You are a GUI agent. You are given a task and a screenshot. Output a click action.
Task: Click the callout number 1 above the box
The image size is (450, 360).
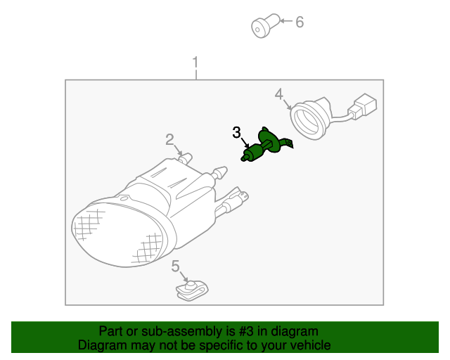point(195,62)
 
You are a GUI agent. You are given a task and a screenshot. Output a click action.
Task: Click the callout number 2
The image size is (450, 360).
point(169,139)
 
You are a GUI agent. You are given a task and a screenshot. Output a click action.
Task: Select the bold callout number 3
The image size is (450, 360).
point(236,133)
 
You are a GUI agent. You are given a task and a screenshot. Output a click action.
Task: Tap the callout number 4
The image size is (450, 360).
point(279,94)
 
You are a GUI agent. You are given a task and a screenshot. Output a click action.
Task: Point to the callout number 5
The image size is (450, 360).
point(175,266)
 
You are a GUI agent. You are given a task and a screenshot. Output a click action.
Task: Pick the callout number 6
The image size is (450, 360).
point(300,22)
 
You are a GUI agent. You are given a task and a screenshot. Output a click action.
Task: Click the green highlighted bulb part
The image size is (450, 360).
point(266,145)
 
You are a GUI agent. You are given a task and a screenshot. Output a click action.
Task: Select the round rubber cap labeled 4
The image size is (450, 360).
point(309,118)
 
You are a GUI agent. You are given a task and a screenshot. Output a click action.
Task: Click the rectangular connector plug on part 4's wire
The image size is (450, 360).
point(363,105)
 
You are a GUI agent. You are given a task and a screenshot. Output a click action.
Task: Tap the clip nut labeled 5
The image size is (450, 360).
point(192,291)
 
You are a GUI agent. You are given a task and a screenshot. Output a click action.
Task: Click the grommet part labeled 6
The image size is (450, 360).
point(265,25)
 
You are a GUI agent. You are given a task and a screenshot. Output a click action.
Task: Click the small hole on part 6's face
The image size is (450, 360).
point(257,30)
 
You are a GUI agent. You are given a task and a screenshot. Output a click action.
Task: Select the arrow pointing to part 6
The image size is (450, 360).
point(286,21)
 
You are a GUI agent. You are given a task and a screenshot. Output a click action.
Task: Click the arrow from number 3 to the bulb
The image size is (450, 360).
point(245,143)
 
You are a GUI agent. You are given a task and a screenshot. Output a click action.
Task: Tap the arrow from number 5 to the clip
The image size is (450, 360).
point(184,277)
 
